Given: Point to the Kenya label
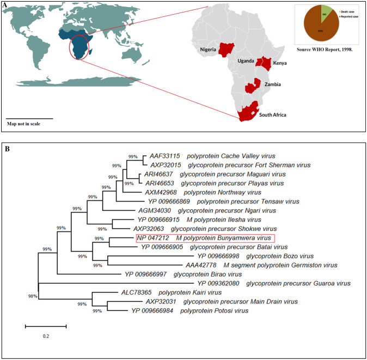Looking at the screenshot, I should [x=280, y=63].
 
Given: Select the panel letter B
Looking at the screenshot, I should [x=5, y=147].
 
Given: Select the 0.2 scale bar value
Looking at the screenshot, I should [x=46, y=336].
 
